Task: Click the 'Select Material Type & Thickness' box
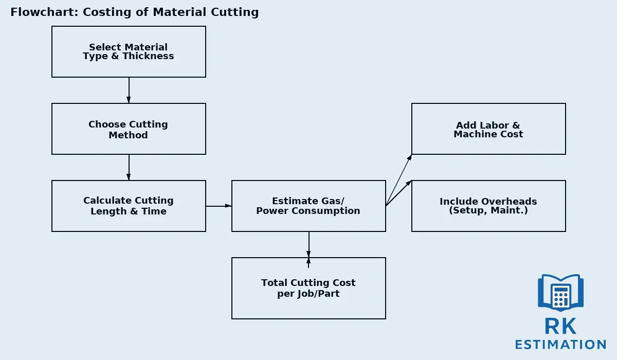tap(129, 51)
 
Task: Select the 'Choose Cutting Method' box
tap(129, 129)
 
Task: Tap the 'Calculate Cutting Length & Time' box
tap(129, 206)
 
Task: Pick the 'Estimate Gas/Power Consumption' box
tap(308, 206)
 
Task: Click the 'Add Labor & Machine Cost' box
tap(488, 129)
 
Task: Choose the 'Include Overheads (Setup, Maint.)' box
tap(488, 206)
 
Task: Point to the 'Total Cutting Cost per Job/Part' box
tap(308, 288)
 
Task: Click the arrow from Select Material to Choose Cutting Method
tap(129, 91)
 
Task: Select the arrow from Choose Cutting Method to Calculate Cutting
tap(129, 168)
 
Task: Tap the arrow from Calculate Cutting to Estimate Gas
tap(219, 206)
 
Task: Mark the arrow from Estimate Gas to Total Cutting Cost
tap(308, 245)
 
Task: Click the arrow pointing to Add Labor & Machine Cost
tap(399, 180)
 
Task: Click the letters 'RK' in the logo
tap(560, 326)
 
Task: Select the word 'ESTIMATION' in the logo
tap(560, 345)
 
